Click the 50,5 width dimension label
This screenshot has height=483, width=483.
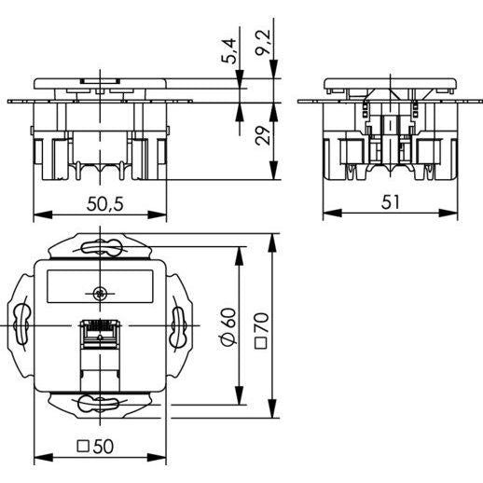click(104, 204)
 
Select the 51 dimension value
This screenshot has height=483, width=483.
click(390, 202)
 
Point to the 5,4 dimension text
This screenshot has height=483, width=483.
click(229, 51)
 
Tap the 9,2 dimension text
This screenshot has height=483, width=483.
click(263, 42)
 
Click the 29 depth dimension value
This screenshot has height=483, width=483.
click(263, 135)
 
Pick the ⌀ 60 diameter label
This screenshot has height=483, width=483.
click(229, 326)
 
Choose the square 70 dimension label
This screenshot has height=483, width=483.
click(261, 330)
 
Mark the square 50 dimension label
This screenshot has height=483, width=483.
click(95, 447)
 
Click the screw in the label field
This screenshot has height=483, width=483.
click(100, 293)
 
